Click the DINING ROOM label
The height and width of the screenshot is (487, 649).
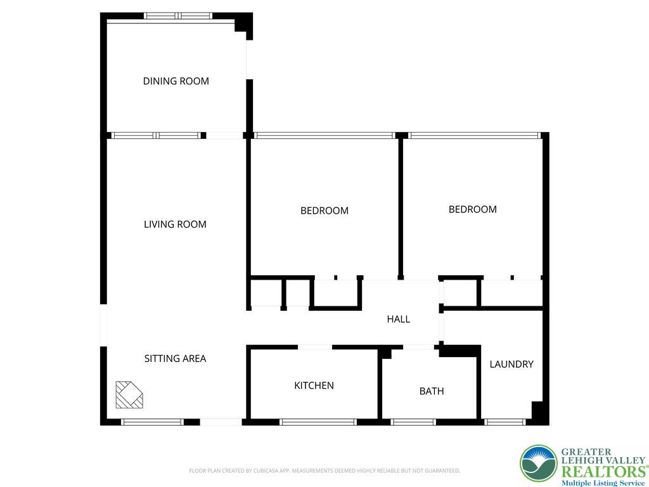coord(176,81)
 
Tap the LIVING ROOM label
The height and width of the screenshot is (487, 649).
coord(175,224)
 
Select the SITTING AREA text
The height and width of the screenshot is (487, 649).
coord(175,358)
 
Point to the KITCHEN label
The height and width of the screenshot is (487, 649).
coord(314,386)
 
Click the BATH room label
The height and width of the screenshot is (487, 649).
coord(432,391)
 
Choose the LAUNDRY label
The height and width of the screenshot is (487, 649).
coord(511,365)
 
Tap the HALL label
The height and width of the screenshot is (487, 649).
coord(399,319)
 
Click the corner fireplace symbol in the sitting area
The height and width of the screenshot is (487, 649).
coord(129,394)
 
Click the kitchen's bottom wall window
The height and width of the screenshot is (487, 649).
coord(318,422)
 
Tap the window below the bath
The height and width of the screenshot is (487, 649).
coord(413,422)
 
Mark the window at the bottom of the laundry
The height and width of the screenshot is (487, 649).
coord(505,422)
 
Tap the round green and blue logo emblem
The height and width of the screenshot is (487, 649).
coord(539,463)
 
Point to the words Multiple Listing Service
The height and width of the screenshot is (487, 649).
coord(603,483)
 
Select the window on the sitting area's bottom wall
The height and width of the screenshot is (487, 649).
coord(152,422)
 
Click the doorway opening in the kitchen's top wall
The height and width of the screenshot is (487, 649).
coord(314,347)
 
